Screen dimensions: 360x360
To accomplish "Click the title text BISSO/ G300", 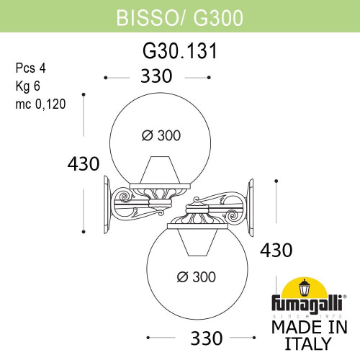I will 179,14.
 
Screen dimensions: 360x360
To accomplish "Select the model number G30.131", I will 179,52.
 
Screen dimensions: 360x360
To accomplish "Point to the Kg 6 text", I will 30,86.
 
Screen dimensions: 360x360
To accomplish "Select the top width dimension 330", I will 157,76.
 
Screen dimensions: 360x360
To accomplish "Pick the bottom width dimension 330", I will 202,337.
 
